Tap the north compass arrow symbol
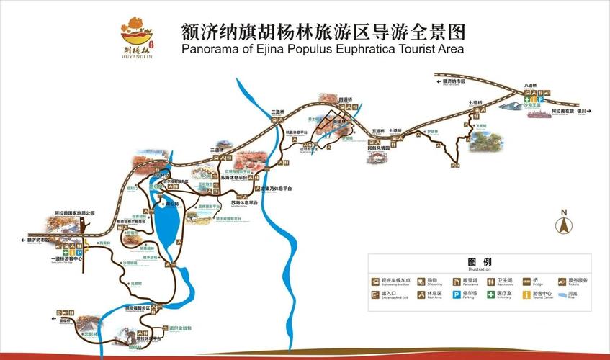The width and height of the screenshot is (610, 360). [564, 225]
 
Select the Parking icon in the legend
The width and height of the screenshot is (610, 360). [456, 294]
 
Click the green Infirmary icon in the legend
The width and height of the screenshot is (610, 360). [491, 294]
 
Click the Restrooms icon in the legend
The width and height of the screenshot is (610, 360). [491, 282]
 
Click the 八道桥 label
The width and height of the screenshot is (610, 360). [531, 86]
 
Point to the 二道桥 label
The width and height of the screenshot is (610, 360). [217, 150]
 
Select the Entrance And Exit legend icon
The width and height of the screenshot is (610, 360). [374, 294]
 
